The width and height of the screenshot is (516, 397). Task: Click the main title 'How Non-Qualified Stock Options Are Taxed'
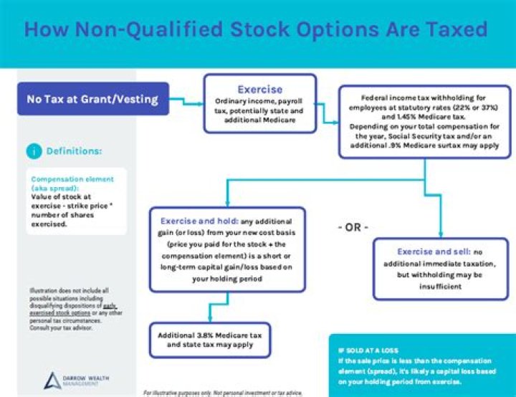[256, 29]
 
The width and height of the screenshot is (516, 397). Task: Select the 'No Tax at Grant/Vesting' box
[92, 99]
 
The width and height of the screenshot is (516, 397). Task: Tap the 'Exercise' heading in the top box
[259, 90]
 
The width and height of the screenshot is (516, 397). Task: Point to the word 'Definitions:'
[75, 151]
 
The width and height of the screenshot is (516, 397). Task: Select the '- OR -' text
[353, 227]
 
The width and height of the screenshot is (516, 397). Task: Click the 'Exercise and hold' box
[227, 250]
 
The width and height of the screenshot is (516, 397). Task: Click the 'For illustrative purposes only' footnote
[222, 393]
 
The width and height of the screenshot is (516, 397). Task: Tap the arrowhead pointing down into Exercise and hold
[228, 203]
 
